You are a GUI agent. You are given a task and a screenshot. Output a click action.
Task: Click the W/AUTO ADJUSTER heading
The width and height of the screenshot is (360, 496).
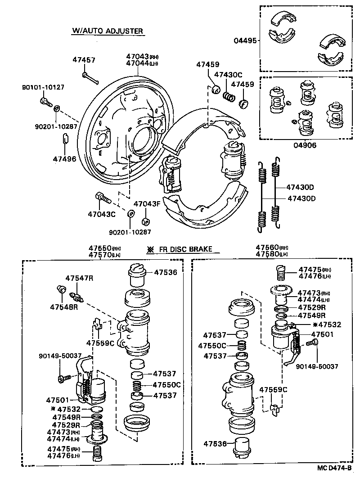(x=108, y=31)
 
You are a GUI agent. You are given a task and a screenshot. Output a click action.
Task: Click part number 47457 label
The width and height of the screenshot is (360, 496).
(x=84, y=60)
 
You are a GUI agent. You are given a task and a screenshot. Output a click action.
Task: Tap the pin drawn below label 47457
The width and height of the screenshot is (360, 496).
(x=90, y=78)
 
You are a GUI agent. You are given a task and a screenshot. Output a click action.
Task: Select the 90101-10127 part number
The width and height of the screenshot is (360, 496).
(x=43, y=88)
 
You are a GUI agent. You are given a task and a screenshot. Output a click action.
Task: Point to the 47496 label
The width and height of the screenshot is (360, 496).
(x=64, y=159)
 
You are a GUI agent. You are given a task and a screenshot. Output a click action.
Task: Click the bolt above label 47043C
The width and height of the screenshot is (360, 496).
(x=102, y=198)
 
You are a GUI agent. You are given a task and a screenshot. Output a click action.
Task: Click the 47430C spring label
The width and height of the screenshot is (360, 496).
(x=228, y=75)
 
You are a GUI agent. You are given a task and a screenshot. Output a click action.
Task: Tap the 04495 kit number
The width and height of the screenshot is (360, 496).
(x=245, y=41)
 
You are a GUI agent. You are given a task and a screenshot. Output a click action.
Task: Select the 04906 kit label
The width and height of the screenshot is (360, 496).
(x=305, y=145)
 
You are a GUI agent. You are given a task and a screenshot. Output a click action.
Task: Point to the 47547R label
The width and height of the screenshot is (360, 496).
(x=79, y=278)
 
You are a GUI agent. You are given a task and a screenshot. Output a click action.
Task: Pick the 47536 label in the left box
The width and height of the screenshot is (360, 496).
(x=166, y=272)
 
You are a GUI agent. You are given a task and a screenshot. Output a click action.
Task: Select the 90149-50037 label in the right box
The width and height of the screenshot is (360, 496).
(x=317, y=367)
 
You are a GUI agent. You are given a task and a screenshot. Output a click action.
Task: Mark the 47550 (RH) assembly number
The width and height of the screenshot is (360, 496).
(x=99, y=248)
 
